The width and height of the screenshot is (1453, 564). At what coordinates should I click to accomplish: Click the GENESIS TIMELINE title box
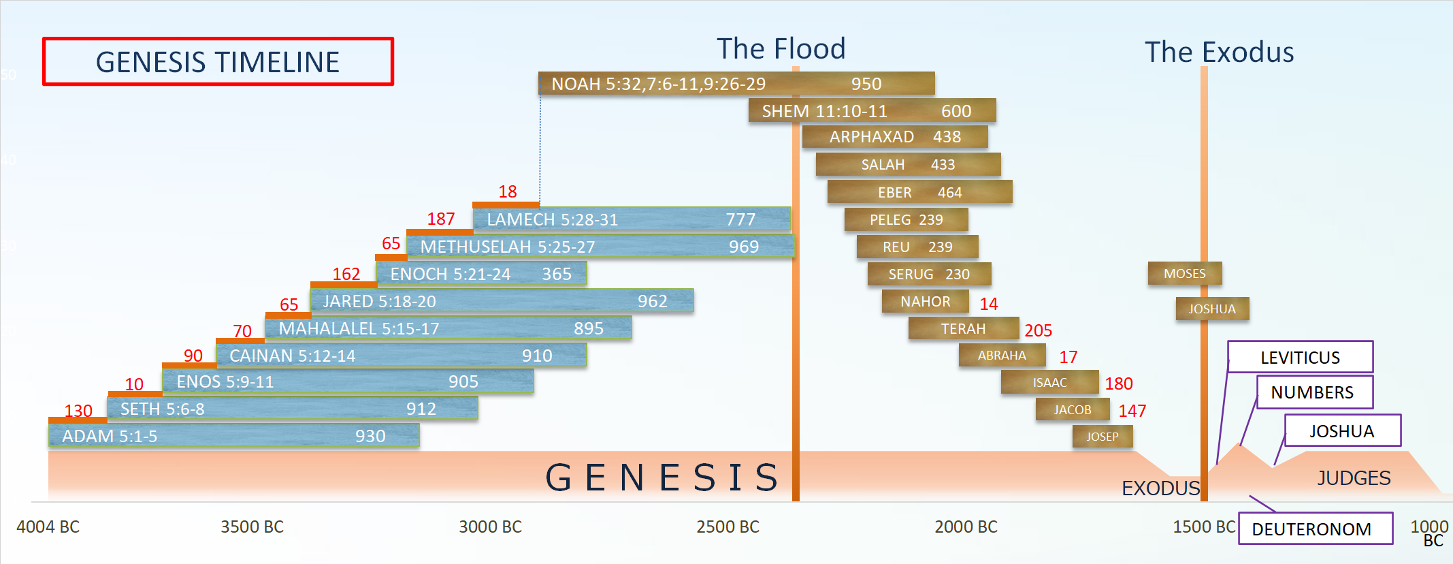click(x=218, y=61)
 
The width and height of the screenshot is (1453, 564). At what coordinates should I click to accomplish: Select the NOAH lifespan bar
click(x=736, y=84)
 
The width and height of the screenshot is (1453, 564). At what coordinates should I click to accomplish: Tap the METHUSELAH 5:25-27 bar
click(x=601, y=246)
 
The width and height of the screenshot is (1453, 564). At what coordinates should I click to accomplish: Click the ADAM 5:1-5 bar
click(x=234, y=436)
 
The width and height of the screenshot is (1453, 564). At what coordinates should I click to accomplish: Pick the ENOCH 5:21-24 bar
click(x=481, y=274)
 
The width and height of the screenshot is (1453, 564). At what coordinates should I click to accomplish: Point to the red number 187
click(x=441, y=219)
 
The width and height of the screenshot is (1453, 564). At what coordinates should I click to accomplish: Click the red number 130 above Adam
click(x=78, y=411)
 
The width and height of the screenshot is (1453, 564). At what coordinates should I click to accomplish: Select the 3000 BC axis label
click(x=490, y=527)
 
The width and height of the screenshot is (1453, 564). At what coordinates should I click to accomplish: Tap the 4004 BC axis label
click(x=48, y=527)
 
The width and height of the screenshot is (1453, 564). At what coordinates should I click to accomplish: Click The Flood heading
click(x=781, y=49)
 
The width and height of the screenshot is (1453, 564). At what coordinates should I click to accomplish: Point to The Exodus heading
click(x=1220, y=52)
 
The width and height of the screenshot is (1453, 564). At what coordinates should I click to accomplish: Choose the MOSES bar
click(x=1185, y=274)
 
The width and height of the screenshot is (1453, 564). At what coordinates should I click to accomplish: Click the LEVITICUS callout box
click(x=1301, y=357)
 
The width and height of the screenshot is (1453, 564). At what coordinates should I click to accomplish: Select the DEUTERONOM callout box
click(x=1316, y=529)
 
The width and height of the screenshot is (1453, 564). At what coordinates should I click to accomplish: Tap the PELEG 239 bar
click(x=907, y=219)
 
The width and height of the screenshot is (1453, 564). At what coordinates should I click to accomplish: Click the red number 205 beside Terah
click(x=1039, y=330)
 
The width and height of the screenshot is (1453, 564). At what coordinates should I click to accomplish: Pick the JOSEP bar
click(x=1103, y=437)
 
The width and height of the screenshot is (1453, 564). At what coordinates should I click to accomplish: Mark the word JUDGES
click(x=1354, y=478)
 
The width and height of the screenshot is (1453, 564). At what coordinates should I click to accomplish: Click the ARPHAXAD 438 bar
click(x=895, y=137)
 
